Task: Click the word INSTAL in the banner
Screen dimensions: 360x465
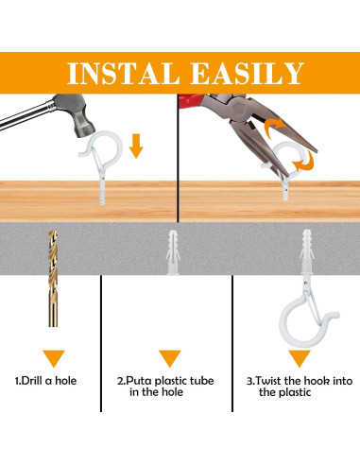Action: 124,74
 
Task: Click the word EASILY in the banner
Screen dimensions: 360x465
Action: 248,74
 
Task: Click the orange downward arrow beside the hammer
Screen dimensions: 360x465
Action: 136,146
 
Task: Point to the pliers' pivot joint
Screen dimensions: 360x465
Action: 238,110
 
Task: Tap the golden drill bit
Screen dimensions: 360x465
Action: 53,279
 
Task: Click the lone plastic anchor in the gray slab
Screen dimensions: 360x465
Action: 173,252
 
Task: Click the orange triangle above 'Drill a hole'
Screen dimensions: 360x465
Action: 54,358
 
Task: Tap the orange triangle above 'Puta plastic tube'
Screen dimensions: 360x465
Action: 170,358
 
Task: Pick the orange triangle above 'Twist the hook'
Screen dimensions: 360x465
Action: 300,358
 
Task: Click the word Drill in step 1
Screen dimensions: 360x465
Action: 32,381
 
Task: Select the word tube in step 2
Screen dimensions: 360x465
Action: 201,381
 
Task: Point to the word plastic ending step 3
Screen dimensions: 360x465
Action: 296,392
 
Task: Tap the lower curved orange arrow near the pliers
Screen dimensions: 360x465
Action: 305,161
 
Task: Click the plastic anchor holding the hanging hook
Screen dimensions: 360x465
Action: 307,251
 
